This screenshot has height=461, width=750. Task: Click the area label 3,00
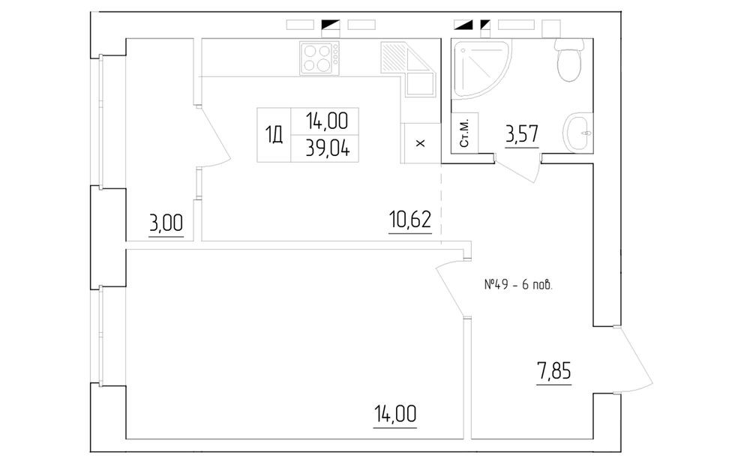click(x=166, y=223)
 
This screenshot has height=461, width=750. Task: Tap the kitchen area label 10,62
click(x=410, y=220)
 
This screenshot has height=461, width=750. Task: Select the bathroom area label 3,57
click(x=522, y=133)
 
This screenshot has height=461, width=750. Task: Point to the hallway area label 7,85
click(x=554, y=370)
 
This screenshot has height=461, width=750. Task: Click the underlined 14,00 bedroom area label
click(x=394, y=414)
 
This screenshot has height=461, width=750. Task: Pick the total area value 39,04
click(x=328, y=149)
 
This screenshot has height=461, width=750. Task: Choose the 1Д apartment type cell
click(x=274, y=136)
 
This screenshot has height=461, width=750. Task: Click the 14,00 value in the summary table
click(x=327, y=121)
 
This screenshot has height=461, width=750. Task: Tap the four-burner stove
click(x=319, y=58)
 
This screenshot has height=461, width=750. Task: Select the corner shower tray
click(x=480, y=70)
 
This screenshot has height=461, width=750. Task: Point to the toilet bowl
click(x=569, y=59)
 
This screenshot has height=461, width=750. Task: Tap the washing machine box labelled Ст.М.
click(x=464, y=133)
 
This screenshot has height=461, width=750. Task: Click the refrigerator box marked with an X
click(x=421, y=143)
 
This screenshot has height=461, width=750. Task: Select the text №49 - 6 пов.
click(x=518, y=285)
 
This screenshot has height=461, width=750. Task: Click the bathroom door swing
click(x=518, y=168)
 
